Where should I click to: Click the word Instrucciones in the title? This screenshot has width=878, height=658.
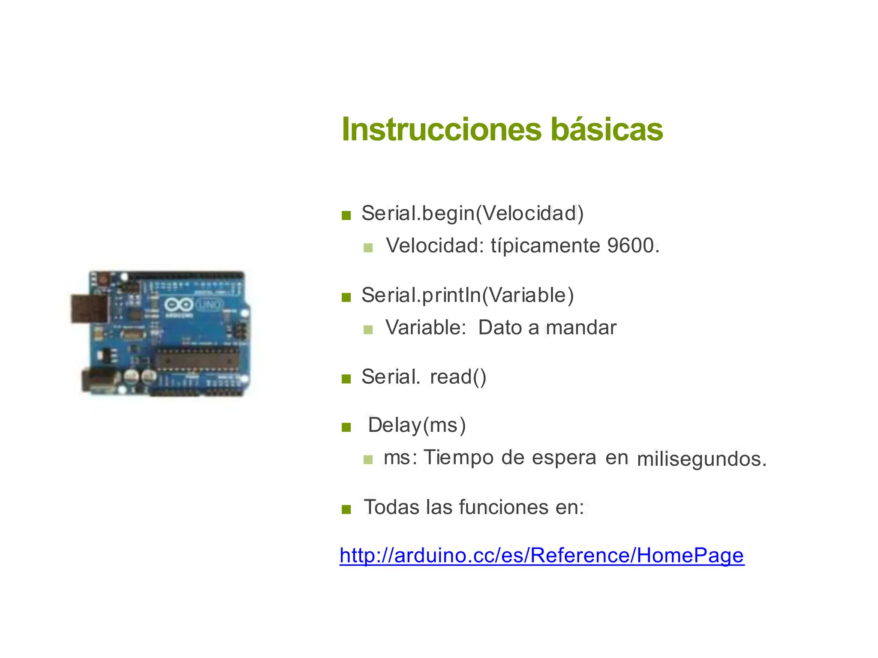coord(442,129)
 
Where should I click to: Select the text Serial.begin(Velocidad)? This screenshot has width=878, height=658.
coord(472,213)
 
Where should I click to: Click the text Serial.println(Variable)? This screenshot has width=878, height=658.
coord(467,295)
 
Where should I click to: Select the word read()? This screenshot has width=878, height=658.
coord(458,377)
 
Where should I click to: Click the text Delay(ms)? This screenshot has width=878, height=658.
coord(417,425)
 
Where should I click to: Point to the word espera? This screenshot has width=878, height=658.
coord(564,458)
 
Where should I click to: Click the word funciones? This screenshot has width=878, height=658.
coord(504,507)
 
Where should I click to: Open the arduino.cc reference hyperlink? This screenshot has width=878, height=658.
coord(542,556)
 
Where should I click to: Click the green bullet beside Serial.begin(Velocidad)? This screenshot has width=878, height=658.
coord(346,215)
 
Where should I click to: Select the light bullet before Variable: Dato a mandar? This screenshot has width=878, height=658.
coord(368,329)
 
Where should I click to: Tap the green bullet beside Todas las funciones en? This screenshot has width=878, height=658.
coord(346,509)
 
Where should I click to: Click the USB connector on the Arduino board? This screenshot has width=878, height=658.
coord(89,308)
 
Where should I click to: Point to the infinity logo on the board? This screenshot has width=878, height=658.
coord(178,305)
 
